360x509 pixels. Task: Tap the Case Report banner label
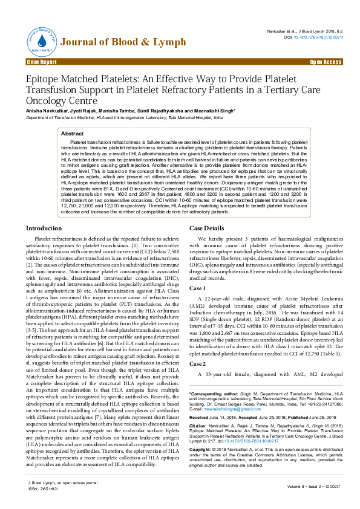point(42,62)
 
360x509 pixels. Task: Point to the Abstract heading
point(73,133)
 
